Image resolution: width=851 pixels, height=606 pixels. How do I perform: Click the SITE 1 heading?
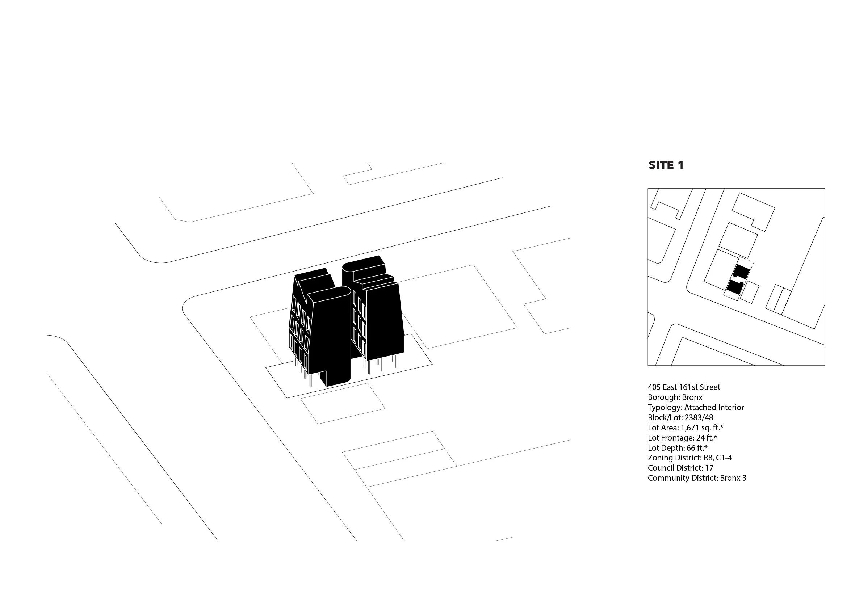[666, 165]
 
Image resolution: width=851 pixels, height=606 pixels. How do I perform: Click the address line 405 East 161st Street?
[684, 387]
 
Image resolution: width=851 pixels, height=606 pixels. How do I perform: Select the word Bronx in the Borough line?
[692, 397]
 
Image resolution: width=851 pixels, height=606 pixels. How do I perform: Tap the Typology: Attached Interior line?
[696, 407]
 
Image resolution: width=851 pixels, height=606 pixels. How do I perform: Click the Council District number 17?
[709, 468]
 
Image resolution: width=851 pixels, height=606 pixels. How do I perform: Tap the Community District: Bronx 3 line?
[697, 477]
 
